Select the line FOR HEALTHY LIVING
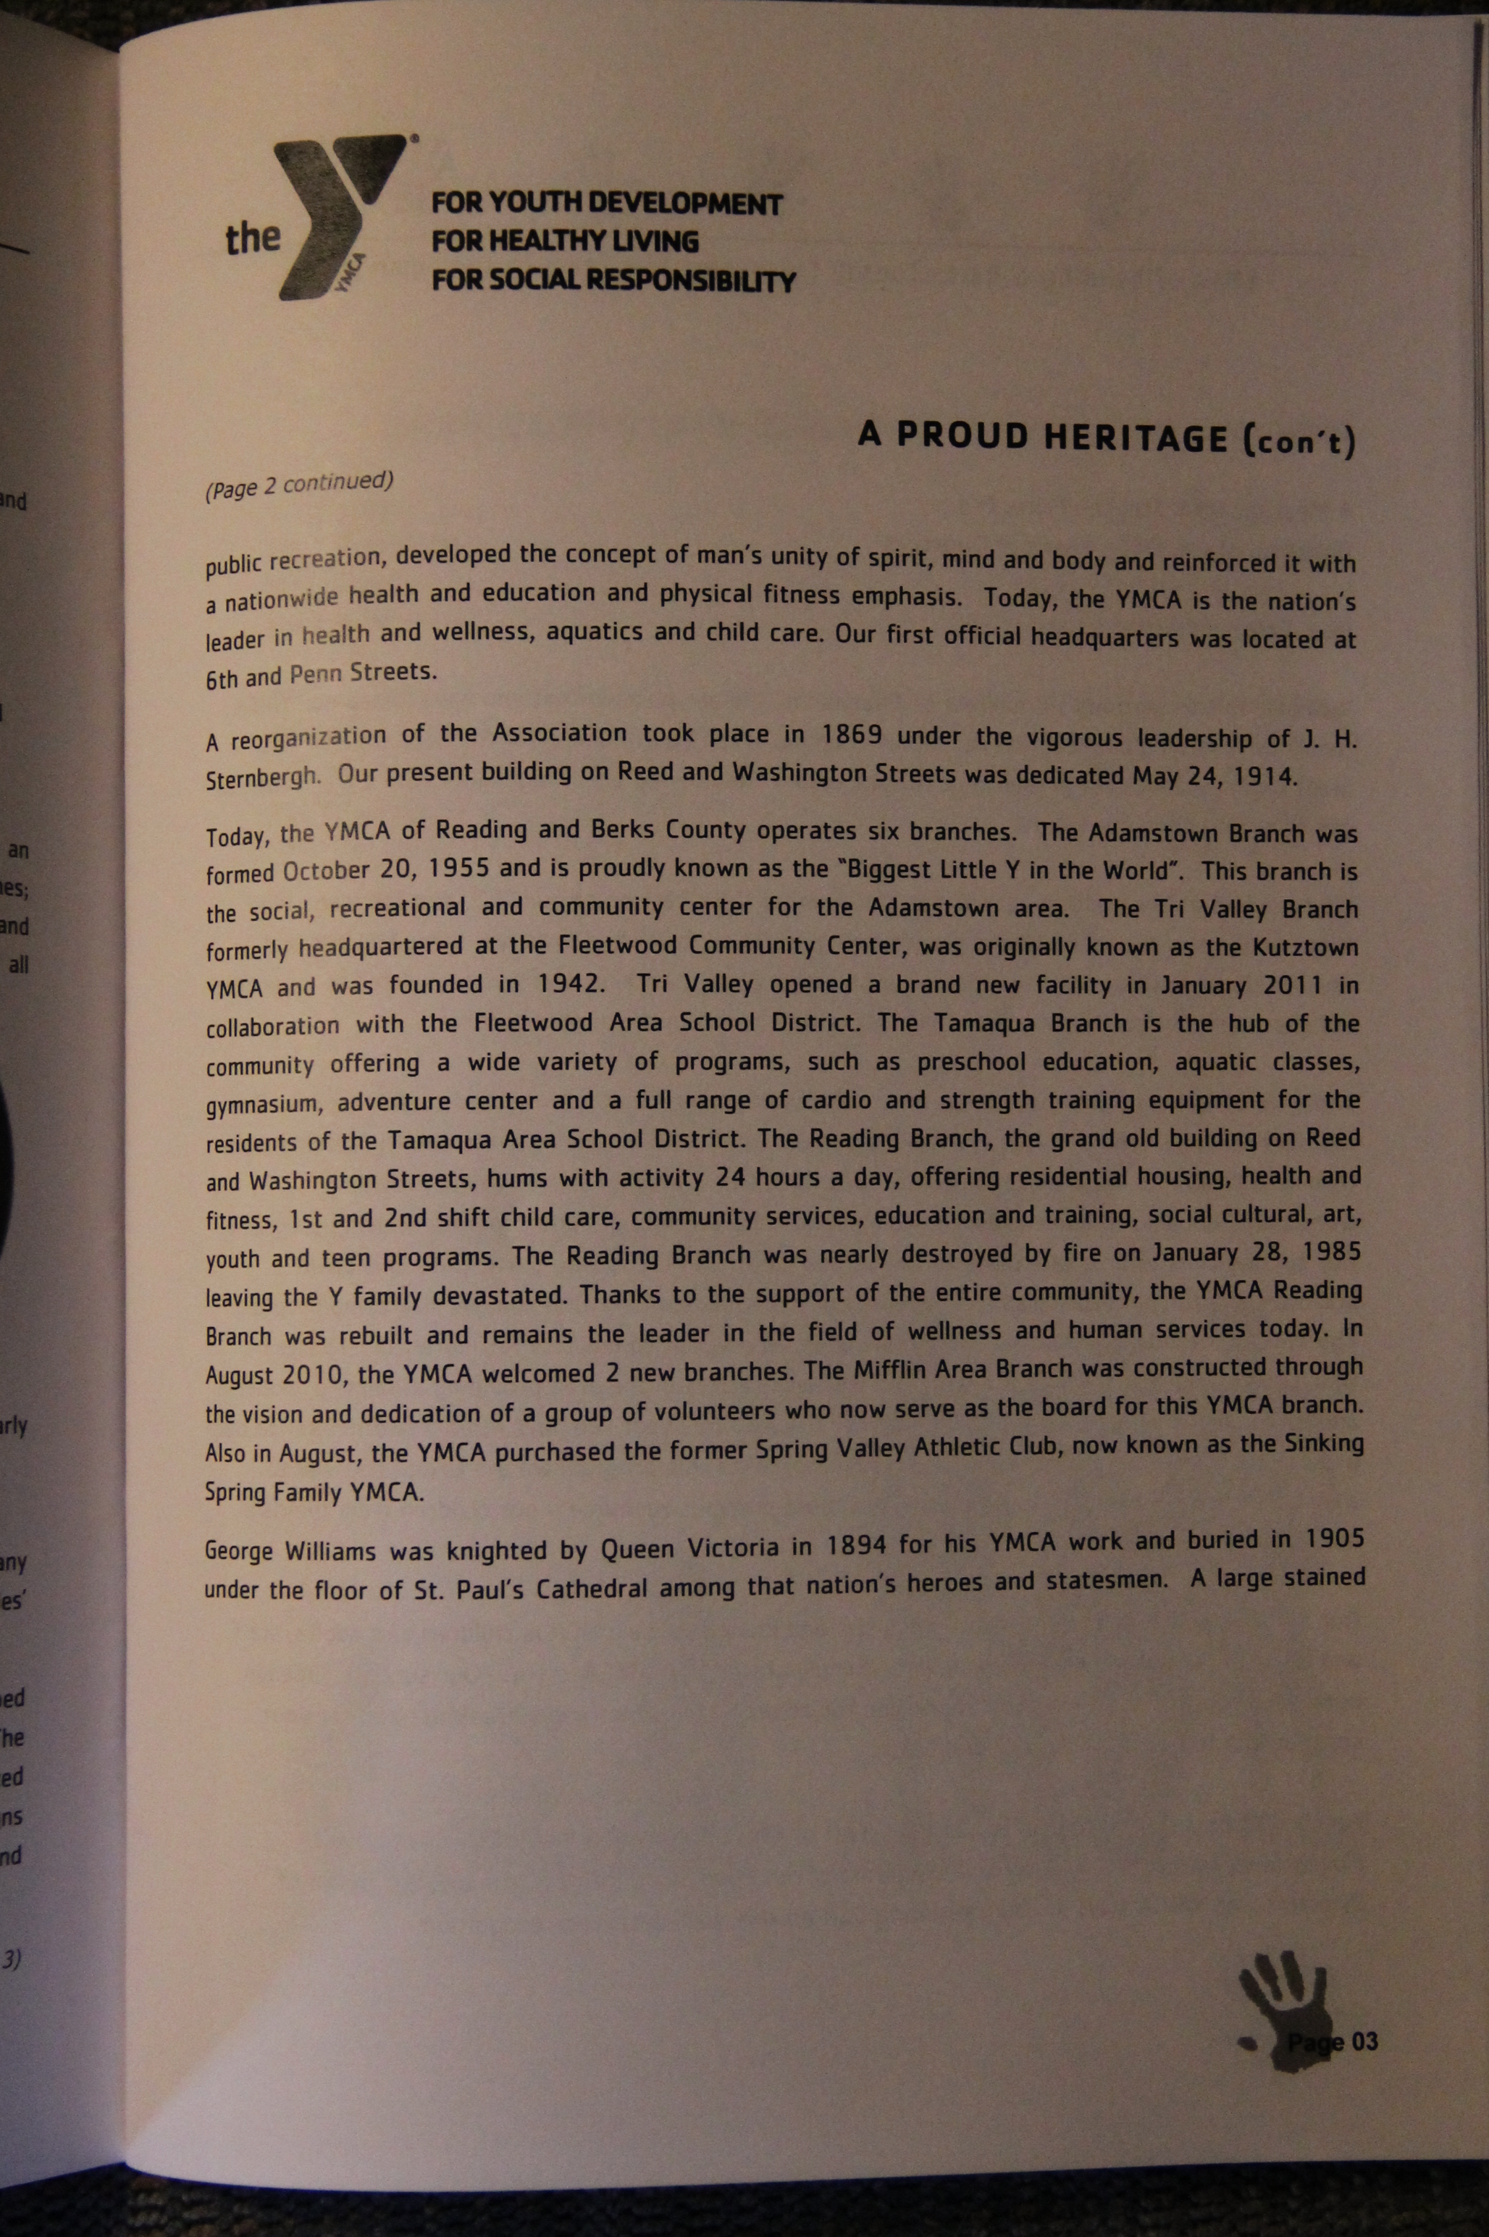click(565, 241)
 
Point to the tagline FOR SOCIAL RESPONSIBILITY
click(613, 281)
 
